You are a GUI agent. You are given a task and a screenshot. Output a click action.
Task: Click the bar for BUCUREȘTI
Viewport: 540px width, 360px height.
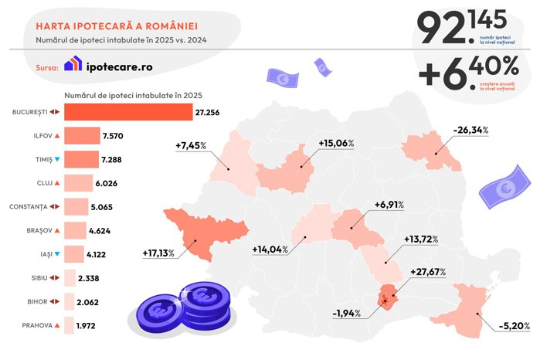(127, 112)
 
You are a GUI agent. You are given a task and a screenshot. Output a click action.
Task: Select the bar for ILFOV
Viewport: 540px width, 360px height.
(81, 136)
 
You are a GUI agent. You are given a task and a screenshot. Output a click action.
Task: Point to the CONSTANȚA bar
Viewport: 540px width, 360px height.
(76, 207)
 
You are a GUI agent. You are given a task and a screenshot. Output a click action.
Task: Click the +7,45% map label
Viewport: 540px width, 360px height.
(192, 145)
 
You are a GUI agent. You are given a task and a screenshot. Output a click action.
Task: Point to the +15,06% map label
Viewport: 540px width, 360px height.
(335, 143)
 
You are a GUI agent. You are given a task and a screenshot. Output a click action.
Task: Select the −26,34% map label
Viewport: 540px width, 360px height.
(471, 129)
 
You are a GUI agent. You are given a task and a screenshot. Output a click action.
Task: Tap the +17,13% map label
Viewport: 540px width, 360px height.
(158, 253)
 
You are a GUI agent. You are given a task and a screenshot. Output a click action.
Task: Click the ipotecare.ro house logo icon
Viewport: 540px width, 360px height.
(72, 65)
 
